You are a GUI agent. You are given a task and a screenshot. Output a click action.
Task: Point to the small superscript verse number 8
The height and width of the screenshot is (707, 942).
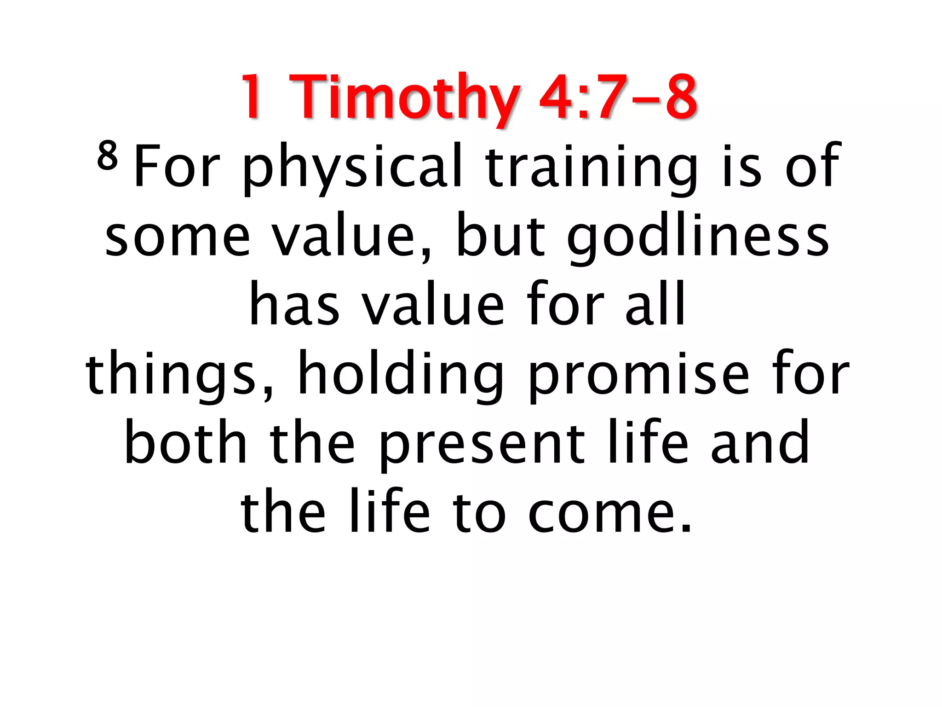(x=107, y=156)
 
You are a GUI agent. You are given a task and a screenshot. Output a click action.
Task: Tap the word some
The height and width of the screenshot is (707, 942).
(x=178, y=237)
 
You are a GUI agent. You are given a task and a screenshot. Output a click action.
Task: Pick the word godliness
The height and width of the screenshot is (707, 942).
(x=698, y=237)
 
